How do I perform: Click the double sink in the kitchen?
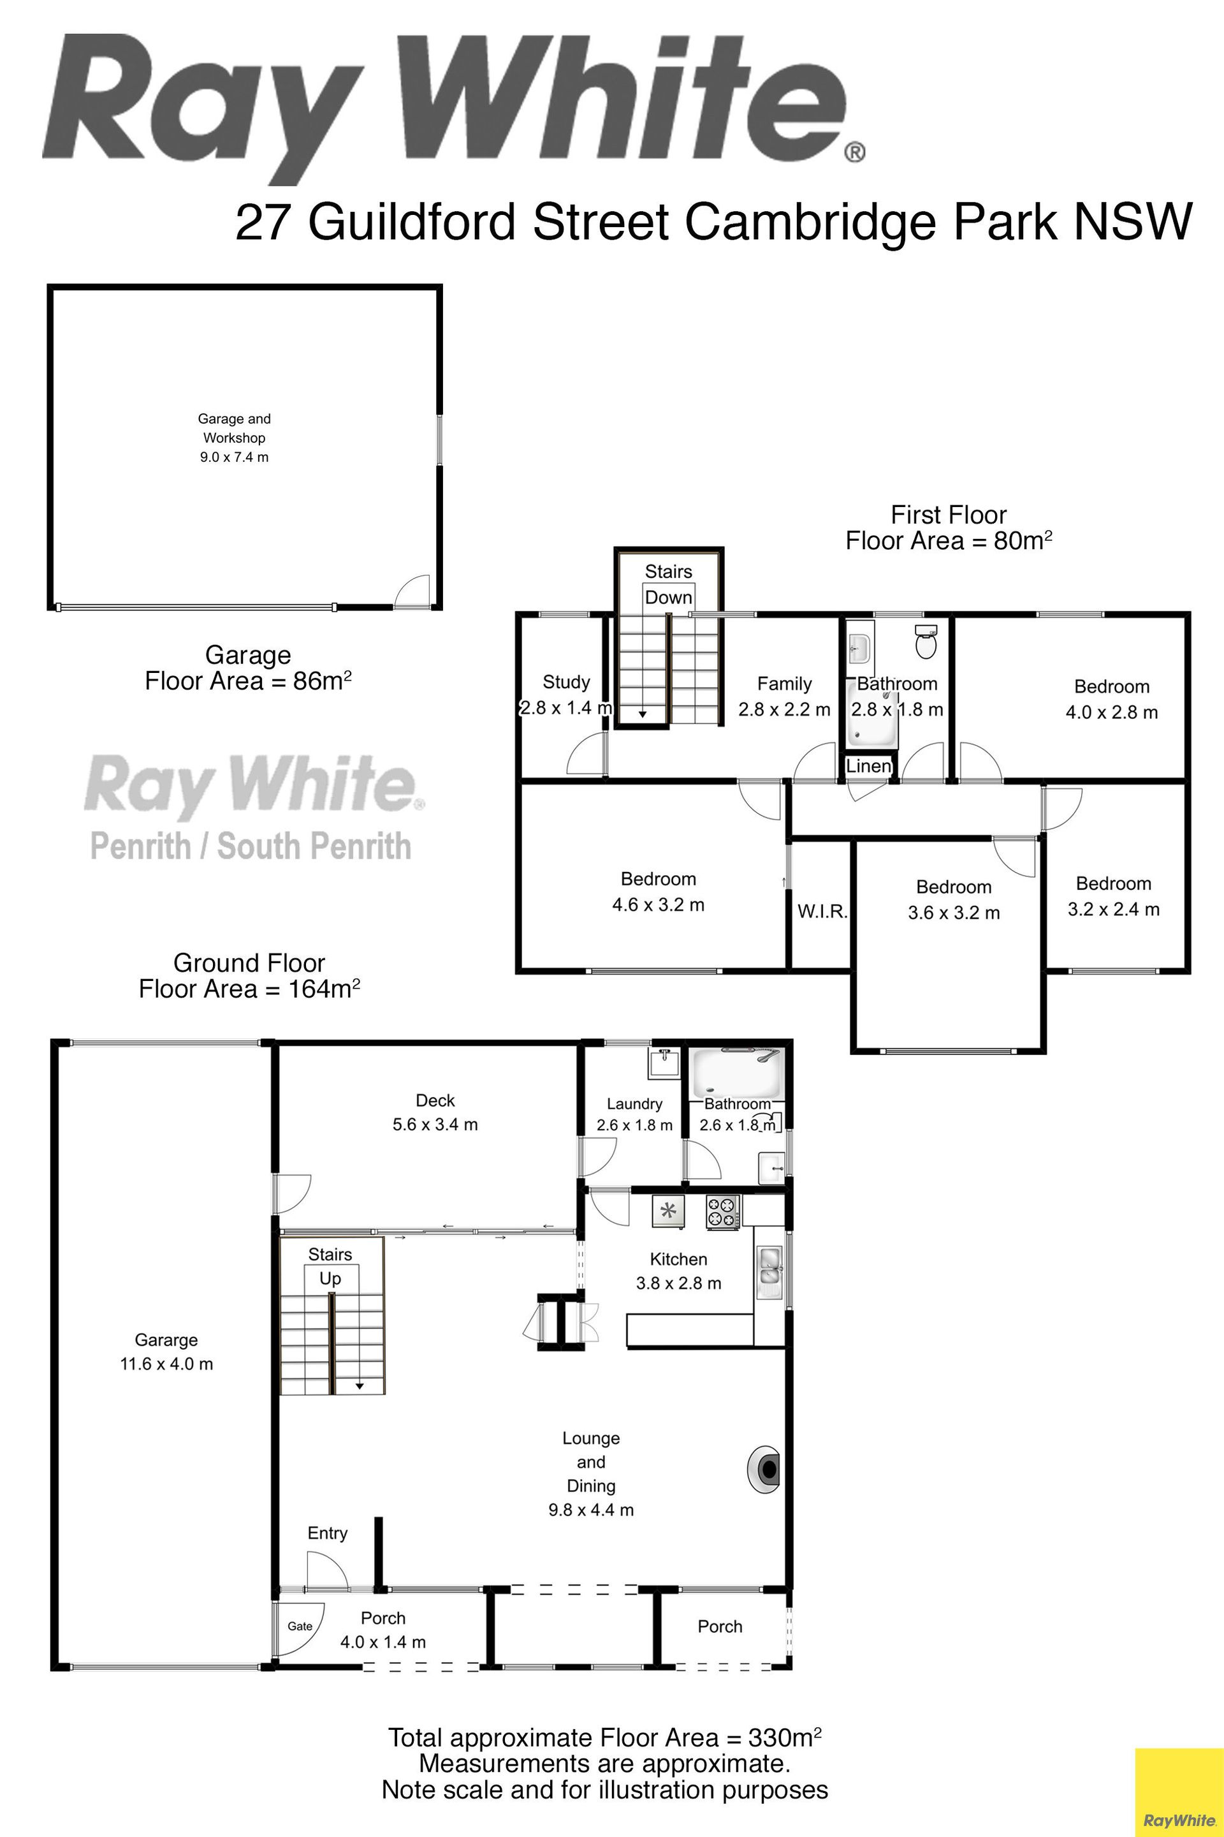769,1265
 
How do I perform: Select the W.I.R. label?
822,911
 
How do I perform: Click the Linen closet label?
869,765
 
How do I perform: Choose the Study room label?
566,682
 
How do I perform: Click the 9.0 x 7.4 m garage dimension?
234,457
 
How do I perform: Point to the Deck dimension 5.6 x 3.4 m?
435,1124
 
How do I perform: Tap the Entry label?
327,1533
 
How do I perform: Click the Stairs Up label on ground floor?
330,1266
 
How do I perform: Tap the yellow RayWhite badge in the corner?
1179,1792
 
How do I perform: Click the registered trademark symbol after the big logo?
855,152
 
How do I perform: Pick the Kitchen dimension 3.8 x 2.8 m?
678,1283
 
